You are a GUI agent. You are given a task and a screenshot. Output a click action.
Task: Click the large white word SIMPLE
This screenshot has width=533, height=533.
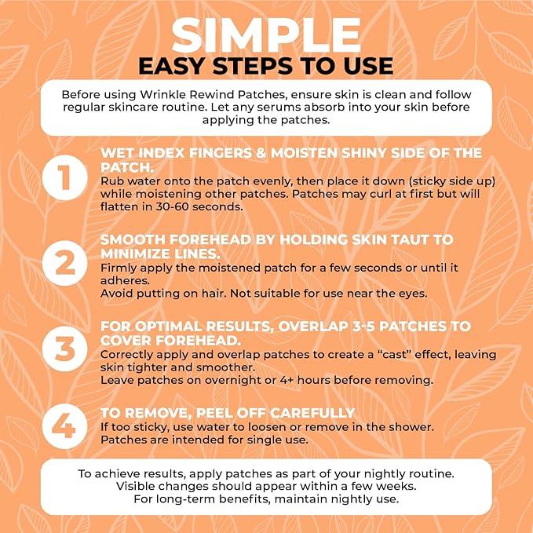266,35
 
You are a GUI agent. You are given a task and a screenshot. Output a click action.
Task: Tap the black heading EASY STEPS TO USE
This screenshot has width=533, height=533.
266,66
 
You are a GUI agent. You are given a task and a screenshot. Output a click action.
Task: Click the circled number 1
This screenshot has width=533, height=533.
64,177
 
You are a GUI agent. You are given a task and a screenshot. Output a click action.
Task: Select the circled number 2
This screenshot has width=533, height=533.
64,263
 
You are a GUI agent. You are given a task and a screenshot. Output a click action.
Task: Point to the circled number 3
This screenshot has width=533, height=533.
64,349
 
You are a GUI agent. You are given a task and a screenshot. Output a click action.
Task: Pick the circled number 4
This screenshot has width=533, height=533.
64,426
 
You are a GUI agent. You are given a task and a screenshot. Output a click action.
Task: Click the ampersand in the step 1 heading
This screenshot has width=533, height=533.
261,153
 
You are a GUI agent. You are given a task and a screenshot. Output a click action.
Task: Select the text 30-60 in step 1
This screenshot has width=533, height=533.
172,206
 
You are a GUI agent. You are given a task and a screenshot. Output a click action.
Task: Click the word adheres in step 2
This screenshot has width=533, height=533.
125,281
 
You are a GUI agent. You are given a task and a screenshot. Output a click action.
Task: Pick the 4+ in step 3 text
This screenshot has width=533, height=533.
287,381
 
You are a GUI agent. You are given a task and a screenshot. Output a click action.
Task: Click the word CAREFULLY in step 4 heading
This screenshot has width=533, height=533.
312,413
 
